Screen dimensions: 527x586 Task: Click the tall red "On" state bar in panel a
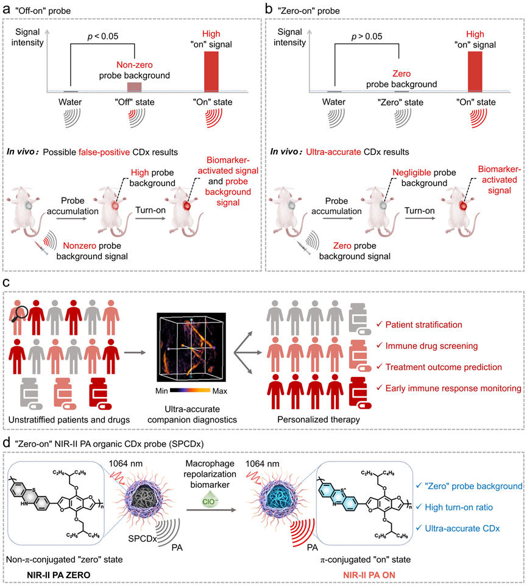(211, 71)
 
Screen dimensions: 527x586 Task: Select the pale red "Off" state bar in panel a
(135, 87)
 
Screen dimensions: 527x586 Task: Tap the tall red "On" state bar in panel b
(475, 71)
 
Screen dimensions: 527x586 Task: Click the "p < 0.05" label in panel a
(103, 36)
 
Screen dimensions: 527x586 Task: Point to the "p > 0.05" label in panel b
(367, 37)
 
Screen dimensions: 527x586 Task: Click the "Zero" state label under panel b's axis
(400, 102)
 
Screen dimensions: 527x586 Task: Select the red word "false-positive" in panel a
(104, 152)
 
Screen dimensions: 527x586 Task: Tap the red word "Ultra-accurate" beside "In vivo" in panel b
(333, 152)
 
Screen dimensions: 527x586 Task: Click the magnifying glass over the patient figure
(19, 314)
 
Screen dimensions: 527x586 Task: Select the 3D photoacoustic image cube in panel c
(191, 347)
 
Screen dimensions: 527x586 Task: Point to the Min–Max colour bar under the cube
(190, 390)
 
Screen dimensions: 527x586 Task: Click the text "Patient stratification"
(423, 325)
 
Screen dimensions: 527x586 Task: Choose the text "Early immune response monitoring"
(453, 388)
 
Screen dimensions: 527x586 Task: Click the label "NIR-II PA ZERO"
(58, 575)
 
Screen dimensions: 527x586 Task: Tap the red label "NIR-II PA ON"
(369, 575)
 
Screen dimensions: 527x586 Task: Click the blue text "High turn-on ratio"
(459, 507)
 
